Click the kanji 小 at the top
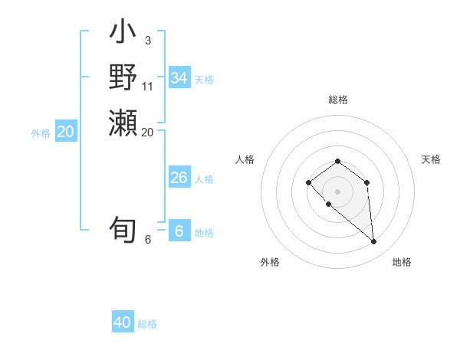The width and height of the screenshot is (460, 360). [123, 34]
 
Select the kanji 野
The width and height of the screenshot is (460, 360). [123, 78]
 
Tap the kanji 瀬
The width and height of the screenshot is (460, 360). [123, 123]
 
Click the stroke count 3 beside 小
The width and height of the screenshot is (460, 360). [147, 40]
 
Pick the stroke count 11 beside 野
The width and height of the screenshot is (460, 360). [148, 86]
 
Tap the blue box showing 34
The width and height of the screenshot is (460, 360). [179, 78]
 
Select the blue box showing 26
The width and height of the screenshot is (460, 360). [179, 178]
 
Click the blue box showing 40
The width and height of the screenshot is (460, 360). [123, 322]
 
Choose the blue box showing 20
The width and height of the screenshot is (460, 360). [66, 132]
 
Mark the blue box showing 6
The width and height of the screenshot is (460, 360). [179, 231]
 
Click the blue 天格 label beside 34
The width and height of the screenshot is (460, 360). [204, 80]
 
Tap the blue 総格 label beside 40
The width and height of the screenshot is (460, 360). [147, 324]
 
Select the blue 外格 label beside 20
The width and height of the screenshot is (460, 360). [41, 133]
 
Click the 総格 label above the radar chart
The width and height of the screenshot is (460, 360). [337, 100]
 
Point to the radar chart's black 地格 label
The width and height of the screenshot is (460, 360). [402, 262]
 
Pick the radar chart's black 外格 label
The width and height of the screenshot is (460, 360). [270, 262]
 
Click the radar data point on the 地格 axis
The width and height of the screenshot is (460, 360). [373, 242]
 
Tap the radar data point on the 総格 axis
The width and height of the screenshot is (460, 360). [337, 161]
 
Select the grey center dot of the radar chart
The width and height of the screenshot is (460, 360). [337, 191]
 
